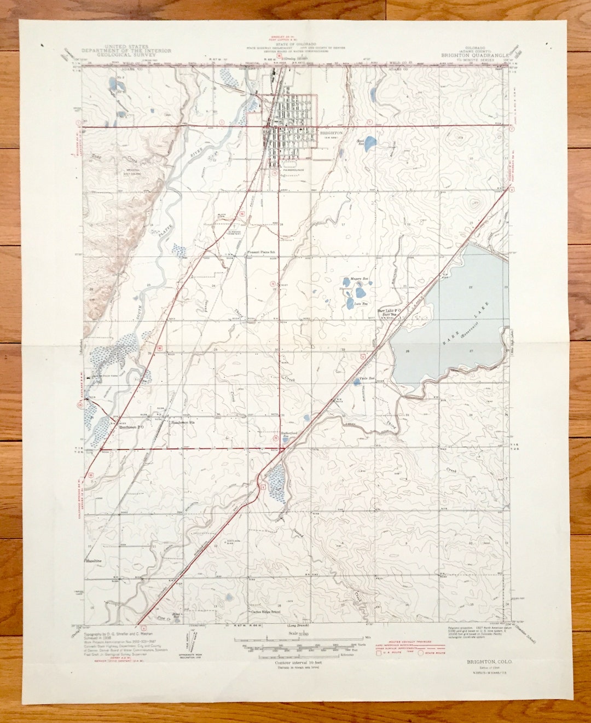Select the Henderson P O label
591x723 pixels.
[131, 427]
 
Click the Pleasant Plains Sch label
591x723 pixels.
[260, 252]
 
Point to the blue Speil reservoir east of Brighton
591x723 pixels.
[370, 143]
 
